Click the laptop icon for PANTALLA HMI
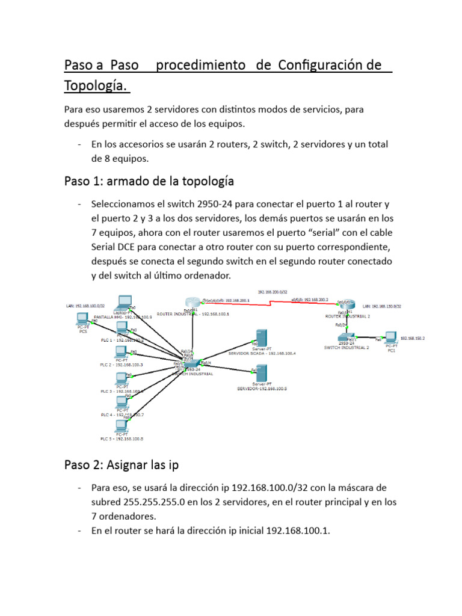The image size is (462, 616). [x=125, y=301]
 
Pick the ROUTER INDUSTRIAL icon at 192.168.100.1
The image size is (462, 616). [x=193, y=303]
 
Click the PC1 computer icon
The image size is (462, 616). [x=391, y=337]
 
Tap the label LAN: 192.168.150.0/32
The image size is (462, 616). [x=382, y=306]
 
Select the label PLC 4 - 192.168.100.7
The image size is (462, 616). [x=122, y=415]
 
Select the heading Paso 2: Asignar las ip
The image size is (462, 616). [x=121, y=464]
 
